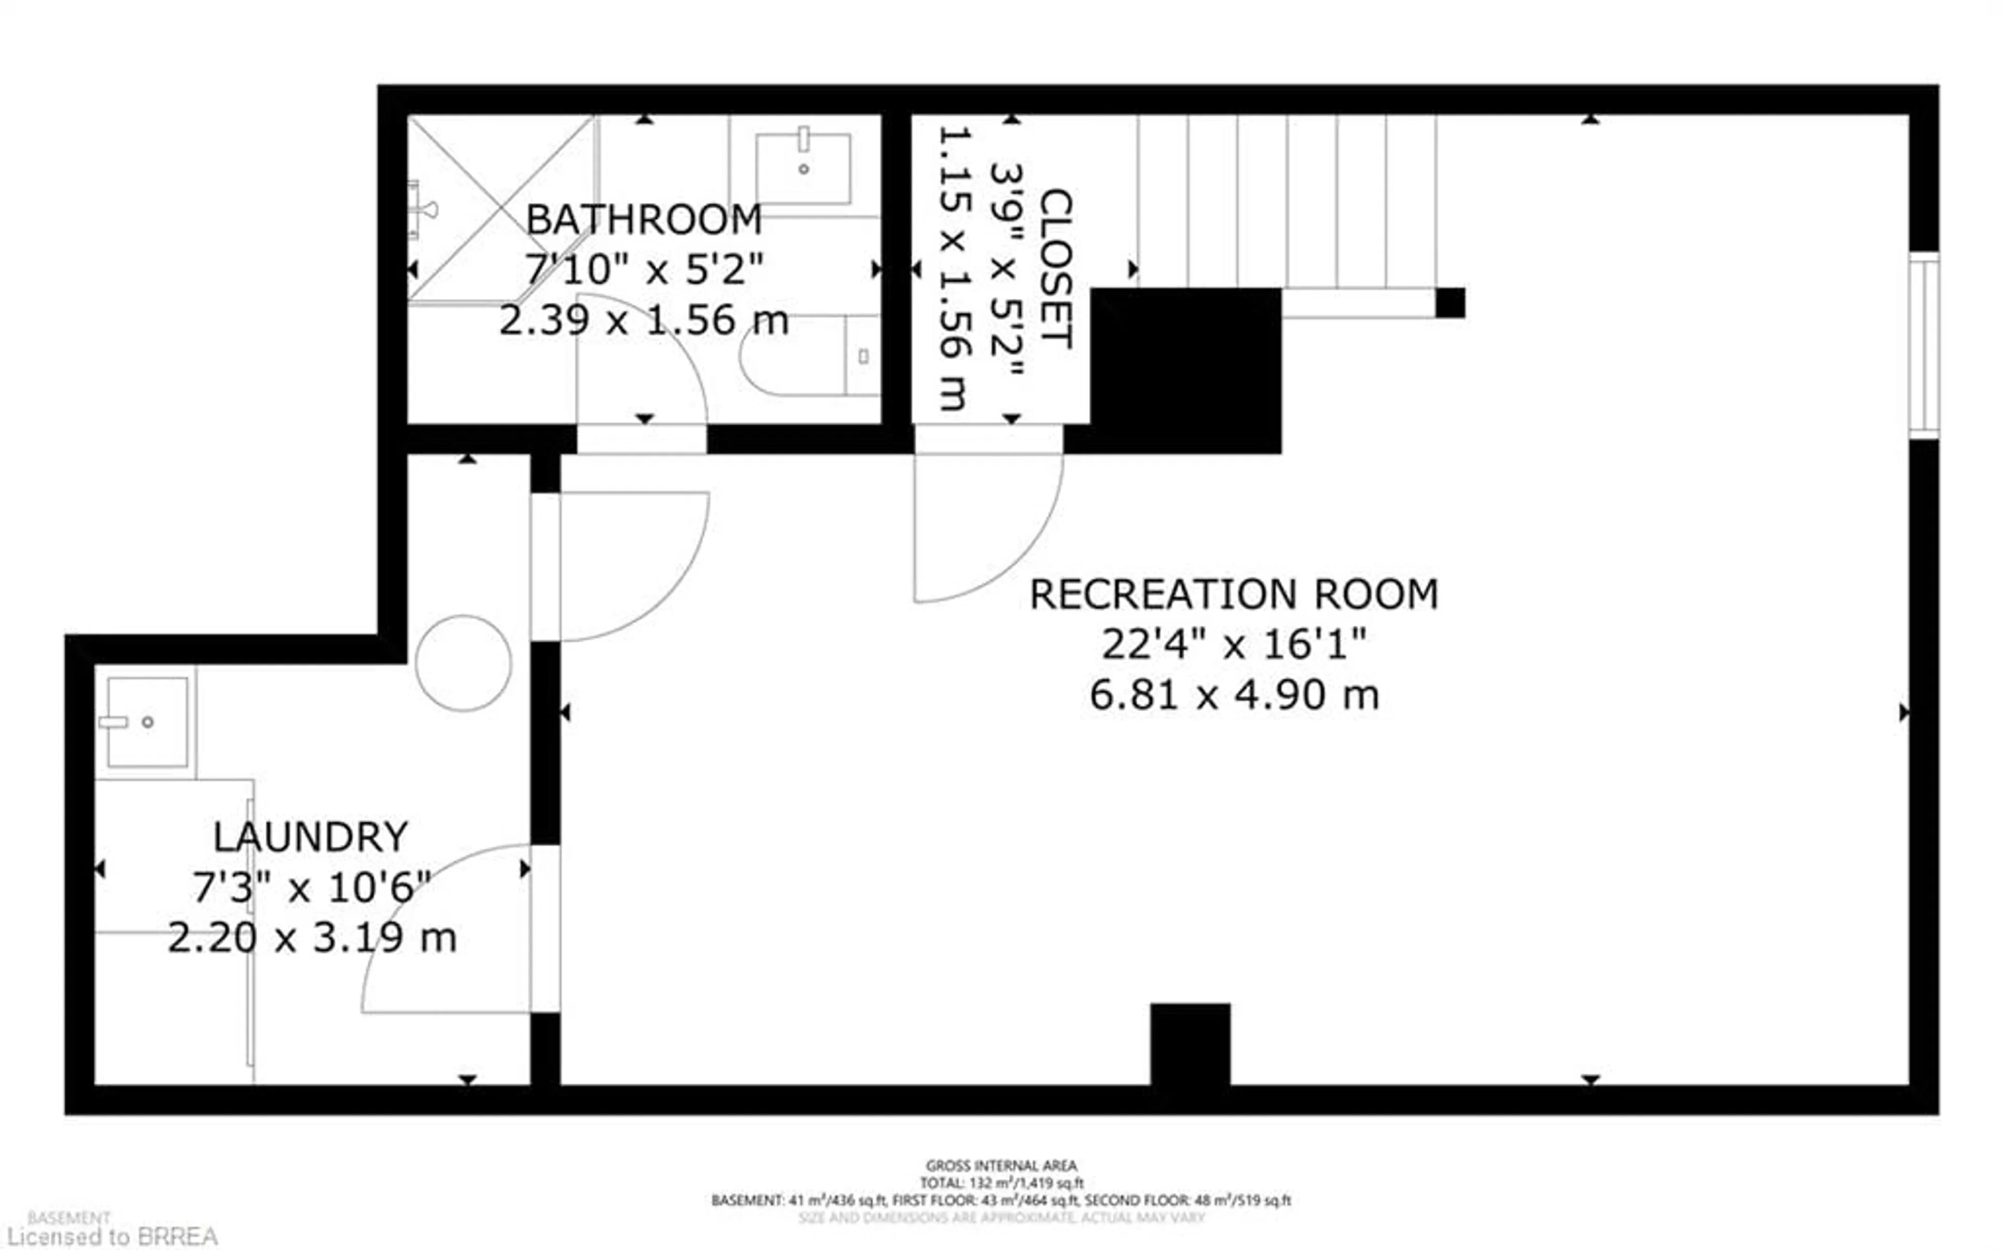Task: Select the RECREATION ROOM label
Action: point(1233,594)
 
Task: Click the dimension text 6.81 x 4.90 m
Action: point(1234,694)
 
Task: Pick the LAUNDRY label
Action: point(311,837)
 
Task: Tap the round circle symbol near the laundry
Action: point(464,663)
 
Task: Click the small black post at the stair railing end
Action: point(1450,303)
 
